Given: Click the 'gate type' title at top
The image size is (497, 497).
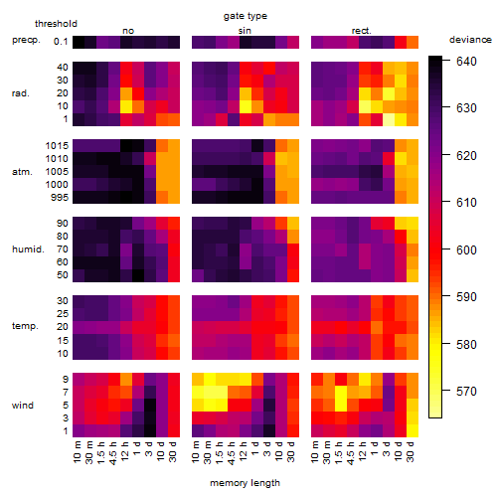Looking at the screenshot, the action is coord(246,16).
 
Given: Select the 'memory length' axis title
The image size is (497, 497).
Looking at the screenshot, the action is coord(245,483).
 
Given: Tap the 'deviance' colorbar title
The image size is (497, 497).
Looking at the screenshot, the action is coord(470,40).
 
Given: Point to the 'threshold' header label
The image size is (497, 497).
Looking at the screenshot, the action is coord(56,24).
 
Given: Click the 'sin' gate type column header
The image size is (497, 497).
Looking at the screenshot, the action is coord(245,31).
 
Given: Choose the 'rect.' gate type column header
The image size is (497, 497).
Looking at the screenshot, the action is coord(361,31).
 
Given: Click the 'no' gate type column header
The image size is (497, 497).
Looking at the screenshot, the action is coord(128,31).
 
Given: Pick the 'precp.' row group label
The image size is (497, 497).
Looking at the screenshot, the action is coord(26,40).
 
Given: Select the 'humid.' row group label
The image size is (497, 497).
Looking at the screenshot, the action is coord(28,249).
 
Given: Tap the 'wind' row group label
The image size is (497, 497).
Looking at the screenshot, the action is coord(23,406).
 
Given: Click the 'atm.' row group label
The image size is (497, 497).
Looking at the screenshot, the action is coord(22,172).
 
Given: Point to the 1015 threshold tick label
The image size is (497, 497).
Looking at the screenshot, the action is coord(57,146).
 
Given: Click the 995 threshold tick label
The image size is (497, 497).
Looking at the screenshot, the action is coord(60,198).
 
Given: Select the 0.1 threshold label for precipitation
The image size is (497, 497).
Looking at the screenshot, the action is coord(61,42).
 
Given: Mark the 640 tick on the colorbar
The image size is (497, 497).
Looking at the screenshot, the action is coord(466,62).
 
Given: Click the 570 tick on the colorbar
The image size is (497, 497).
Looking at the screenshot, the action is coord(466,392).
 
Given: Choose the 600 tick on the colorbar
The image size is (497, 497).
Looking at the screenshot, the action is coord(466,249).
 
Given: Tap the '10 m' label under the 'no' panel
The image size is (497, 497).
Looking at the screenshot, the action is coord(77,452).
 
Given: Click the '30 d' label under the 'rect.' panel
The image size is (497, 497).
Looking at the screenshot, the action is coord(411,452).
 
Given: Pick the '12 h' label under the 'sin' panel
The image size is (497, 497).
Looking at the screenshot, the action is coord(244,451).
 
